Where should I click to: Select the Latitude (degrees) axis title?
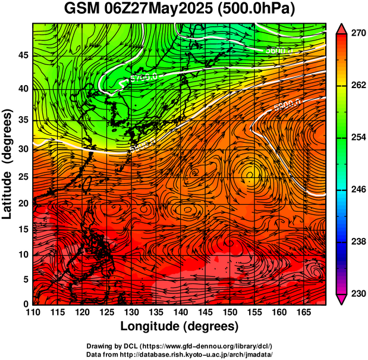click(x=8, y=164)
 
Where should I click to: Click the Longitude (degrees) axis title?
click(x=180, y=326)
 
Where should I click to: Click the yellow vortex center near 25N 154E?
click(x=249, y=174)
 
